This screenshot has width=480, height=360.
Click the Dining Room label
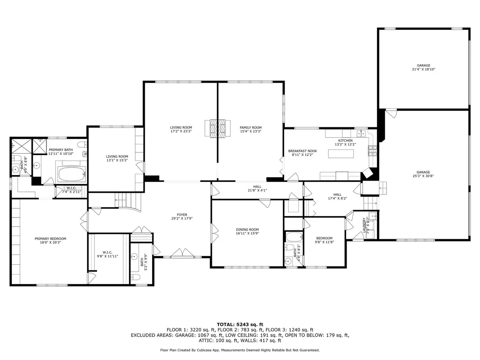(247, 230)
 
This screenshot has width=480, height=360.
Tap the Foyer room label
(182, 215)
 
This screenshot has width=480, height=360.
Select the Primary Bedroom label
(50, 239)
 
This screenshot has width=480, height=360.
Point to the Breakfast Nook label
(302, 151)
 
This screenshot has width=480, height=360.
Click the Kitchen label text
(345, 140)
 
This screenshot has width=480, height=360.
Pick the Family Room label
(251, 128)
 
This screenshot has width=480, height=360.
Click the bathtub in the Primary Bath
(71, 174)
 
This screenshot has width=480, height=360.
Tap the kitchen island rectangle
(341, 153)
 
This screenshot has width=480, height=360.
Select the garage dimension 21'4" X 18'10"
(424, 69)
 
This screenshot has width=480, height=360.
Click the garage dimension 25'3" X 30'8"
(423, 176)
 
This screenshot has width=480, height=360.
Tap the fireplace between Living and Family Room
(217, 129)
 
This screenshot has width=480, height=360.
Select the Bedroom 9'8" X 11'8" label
(324, 240)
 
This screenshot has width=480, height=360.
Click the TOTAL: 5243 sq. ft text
(240, 324)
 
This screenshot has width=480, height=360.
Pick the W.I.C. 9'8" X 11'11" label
(107, 254)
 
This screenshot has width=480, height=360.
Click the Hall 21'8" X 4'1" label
(257, 188)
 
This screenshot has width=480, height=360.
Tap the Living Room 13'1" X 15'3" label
(117, 158)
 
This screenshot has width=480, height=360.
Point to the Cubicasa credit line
(240, 350)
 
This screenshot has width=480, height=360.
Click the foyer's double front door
(182, 253)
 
